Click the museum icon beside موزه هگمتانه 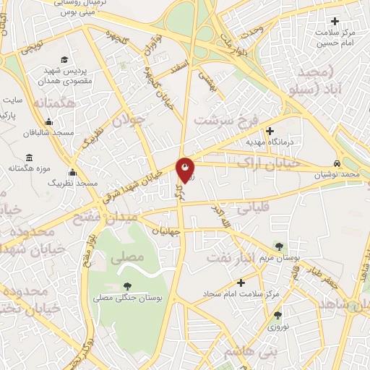[29, 158]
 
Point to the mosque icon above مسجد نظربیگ [72, 173]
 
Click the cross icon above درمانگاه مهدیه [270, 132]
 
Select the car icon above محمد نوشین [337, 163]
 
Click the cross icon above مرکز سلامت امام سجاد [241, 282]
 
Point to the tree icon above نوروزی [277, 315]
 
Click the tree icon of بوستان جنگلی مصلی [126, 287]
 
